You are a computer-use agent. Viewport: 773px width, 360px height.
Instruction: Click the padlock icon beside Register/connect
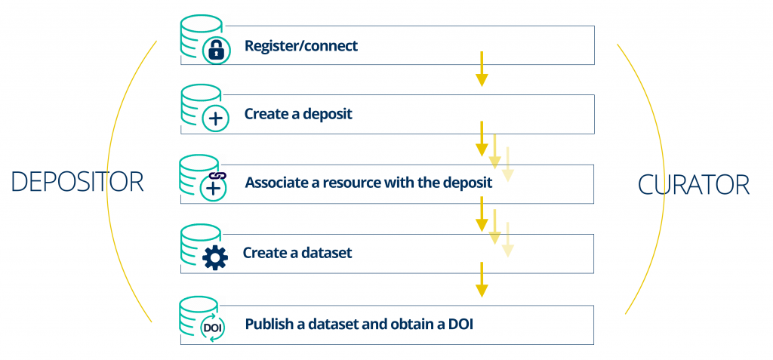tap(217, 51)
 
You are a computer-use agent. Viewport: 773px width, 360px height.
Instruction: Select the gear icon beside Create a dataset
tap(215, 257)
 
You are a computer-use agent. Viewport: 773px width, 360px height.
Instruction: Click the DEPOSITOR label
tap(77, 183)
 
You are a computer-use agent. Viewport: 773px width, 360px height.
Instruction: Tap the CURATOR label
tap(694, 185)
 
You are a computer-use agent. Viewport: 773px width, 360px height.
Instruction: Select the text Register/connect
tap(301, 46)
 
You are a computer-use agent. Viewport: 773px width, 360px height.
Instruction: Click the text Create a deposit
tap(299, 115)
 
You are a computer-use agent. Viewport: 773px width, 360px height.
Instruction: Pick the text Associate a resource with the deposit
tap(368, 183)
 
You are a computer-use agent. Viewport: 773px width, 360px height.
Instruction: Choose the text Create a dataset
tap(297, 253)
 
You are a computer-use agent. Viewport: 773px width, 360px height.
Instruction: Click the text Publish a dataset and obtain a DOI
tap(359, 325)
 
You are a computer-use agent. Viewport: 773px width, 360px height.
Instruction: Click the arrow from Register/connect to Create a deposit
tap(482, 69)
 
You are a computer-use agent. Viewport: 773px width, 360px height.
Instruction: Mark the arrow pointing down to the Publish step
tap(482, 279)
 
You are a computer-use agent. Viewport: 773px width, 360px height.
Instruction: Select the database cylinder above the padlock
tap(199, 38)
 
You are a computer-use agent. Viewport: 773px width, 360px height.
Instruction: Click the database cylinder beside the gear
tap(199, 247)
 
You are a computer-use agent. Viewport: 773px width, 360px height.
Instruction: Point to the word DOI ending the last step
tap(460, 325)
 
